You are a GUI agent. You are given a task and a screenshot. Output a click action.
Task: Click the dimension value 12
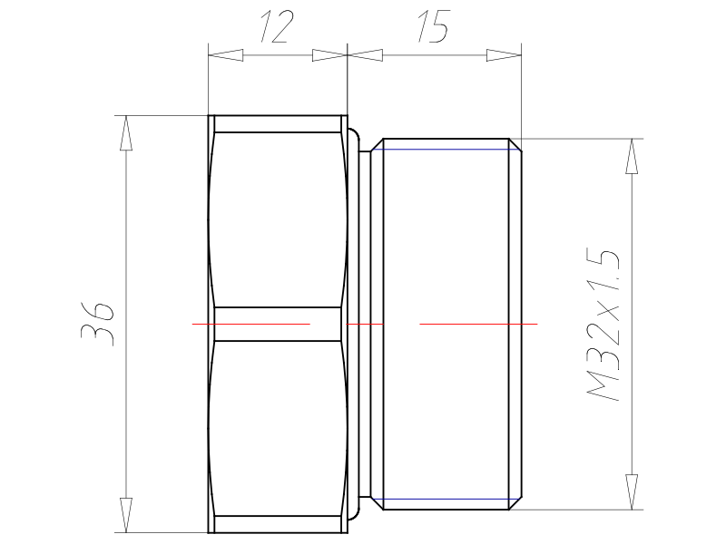coord(277,27)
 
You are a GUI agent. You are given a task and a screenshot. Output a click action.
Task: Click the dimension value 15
coord(434,26)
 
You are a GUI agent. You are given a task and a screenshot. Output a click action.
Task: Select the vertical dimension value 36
coord(97,325)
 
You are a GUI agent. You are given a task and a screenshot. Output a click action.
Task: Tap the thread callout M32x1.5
coord(603,325)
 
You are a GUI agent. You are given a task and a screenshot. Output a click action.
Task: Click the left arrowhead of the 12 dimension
coord(225,55)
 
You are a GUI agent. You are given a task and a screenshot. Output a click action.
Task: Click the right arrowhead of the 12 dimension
coord(329,55)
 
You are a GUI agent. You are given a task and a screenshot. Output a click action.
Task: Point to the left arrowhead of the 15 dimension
coord(365,55)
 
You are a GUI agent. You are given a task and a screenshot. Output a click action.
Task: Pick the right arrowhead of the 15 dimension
coord(504,55)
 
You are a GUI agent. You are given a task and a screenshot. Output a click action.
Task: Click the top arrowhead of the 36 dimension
coord(126,132)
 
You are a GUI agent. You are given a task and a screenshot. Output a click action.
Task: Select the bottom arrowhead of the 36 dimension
coord(126,515)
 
